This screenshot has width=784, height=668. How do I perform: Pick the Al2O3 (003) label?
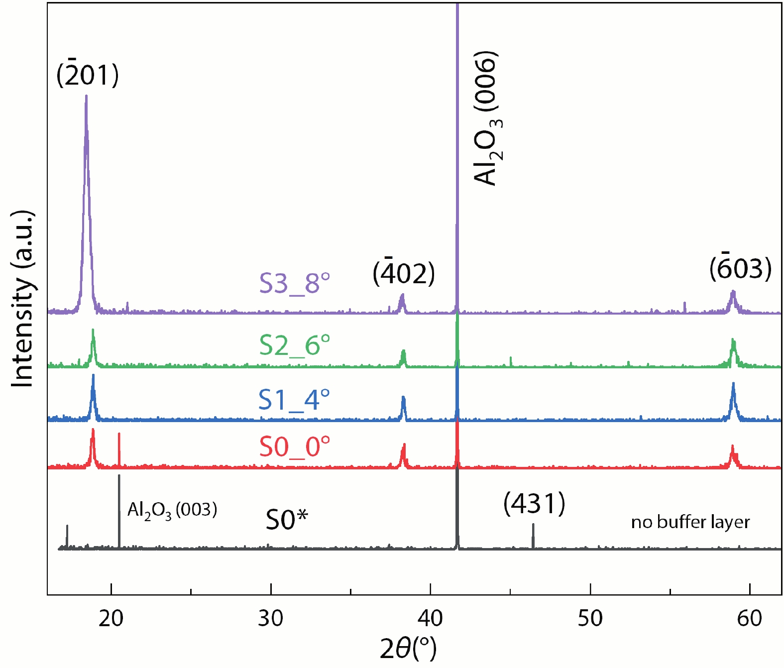(172, 510)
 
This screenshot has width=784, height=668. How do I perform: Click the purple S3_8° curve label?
(294, 283)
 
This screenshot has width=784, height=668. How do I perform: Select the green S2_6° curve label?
(294, 344)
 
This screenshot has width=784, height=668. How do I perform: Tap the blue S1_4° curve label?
(294, 399)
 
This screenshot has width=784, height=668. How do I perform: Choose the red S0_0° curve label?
(294, 446)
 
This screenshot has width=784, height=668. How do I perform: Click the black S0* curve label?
(287, 520)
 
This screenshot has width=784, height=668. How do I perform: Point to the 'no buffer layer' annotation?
(690, 522)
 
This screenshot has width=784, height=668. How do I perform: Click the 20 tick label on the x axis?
(111, 618)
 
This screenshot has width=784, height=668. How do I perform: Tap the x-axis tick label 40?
(430, 618)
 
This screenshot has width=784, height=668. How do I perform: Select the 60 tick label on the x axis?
(750, 618)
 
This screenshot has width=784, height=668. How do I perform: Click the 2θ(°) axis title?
(408, 648)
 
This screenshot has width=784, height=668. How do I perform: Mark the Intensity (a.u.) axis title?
(23, 299)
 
